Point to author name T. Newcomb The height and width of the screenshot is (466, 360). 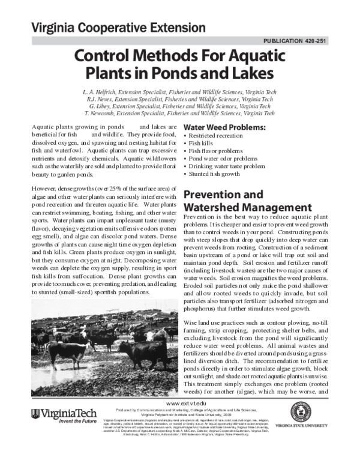(105, 113)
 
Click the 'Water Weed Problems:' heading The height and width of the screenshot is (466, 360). (224, 129)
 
